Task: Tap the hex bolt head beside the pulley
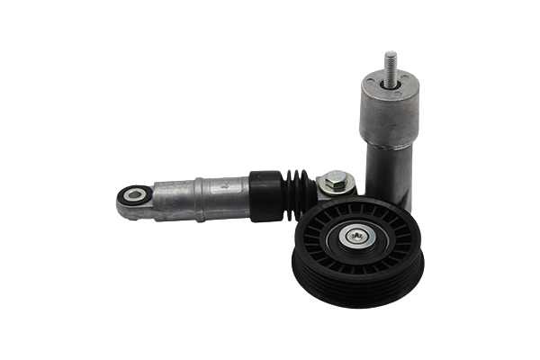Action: tap(335, 181)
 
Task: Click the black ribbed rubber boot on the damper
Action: tap(297, 193)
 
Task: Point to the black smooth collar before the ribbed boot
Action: tap(265, 194)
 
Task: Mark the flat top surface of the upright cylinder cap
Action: tap(390, 83)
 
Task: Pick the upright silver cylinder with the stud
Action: tap(389, 135)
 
